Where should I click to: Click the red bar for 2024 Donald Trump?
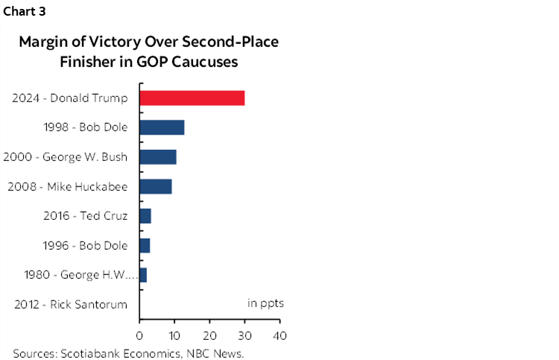[192, 98]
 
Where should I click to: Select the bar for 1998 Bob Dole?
[162, 127]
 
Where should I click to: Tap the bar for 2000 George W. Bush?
[158, 157]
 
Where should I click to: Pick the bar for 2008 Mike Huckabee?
[156, 186]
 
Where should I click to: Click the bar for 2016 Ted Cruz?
[145, 216]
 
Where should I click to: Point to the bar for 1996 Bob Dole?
[145, 245]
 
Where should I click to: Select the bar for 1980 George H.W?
[143, 275]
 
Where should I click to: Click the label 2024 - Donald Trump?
[70, 98]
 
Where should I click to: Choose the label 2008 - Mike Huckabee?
[68, 186]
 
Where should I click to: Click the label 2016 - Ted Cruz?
[86, 216]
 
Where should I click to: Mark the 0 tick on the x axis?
[139, 334]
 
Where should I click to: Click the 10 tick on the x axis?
[174, 334]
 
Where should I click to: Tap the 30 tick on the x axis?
[244, 334]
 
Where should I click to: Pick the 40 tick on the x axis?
[279, 334]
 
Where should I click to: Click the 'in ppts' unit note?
[265, 303]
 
